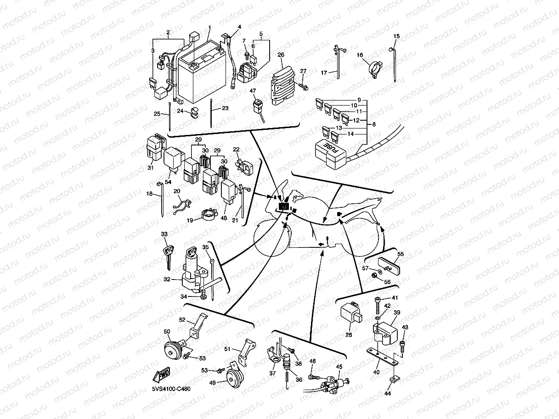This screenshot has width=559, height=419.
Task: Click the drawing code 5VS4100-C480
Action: pyautogui.click(x=171, y=389)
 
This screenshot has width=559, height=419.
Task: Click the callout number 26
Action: pyautogui.click(x=282, y=55)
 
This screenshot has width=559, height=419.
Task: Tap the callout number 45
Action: pyautogui.click(x=339, y=367)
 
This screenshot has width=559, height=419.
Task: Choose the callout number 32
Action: pyautogui.click(x=167, y=279)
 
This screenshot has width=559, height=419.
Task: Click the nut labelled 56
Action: pyautogui.click(x=375, y=275)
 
